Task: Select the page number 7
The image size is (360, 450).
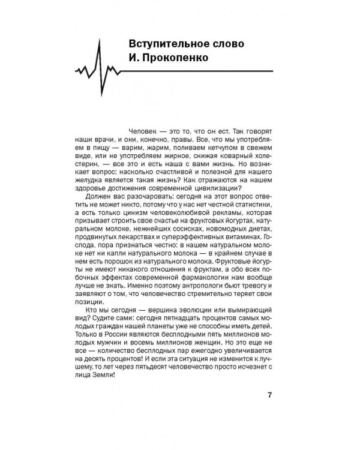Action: pyautogui.click(x=269, y=395)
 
